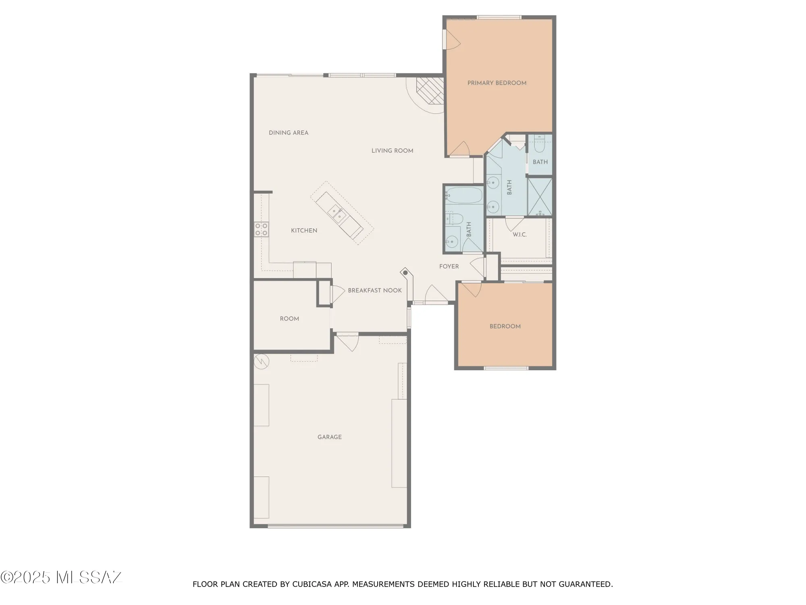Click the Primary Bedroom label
[496, 83]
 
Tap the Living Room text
[392, 151]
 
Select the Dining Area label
[289, 133]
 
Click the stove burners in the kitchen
[261, 229]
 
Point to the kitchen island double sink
[337, 213]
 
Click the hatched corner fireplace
[430, 90]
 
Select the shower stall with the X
[539, 196]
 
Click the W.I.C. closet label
[519, 234]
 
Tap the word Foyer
[449, 267]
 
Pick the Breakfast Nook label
[375, 290]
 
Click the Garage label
[329, 437]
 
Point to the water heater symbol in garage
[261, 361]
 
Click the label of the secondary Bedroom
[505, 326]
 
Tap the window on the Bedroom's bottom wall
[506, 368]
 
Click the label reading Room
[289, 319]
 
